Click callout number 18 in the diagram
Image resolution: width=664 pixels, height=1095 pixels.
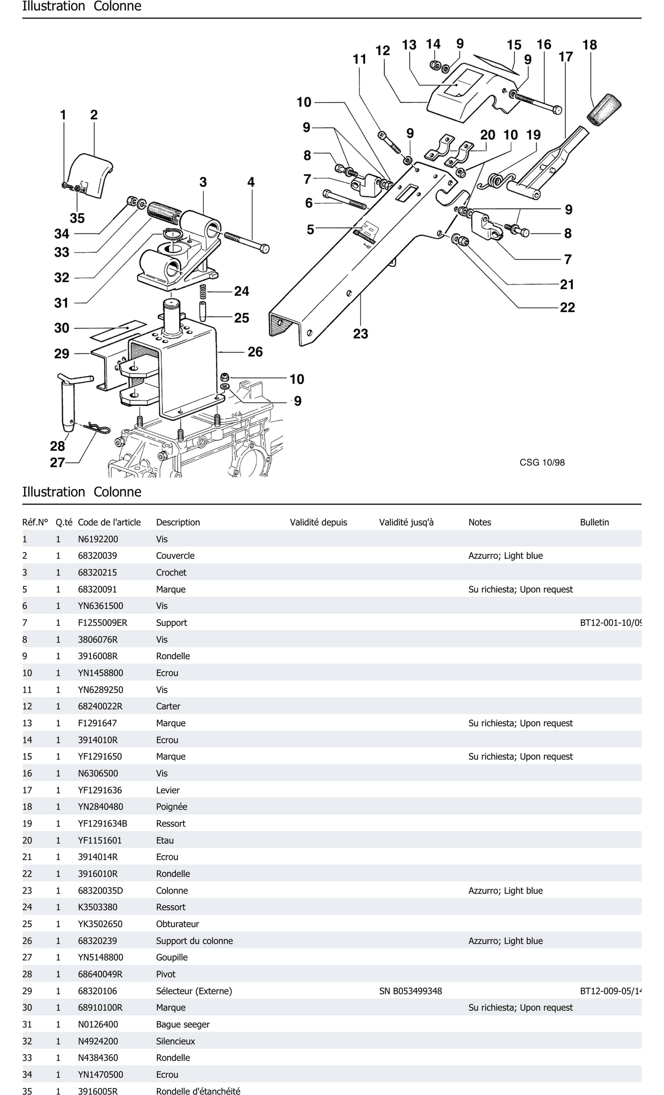[589, 45]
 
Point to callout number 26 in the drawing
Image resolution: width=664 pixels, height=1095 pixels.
[255, 352]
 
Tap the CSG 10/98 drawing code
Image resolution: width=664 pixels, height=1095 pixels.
[542, 462]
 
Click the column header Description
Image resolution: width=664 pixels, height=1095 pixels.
[178, 522]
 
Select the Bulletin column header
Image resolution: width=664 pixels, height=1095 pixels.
[594, 522]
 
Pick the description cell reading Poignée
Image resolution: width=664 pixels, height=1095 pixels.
[172, 807]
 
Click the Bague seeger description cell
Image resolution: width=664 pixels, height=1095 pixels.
[183, 1024]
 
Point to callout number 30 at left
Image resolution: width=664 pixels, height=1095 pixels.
[62, 328]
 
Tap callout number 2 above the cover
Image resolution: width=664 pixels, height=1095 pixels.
[94, 115]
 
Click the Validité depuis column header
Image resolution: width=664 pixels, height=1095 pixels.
[318, 522]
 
